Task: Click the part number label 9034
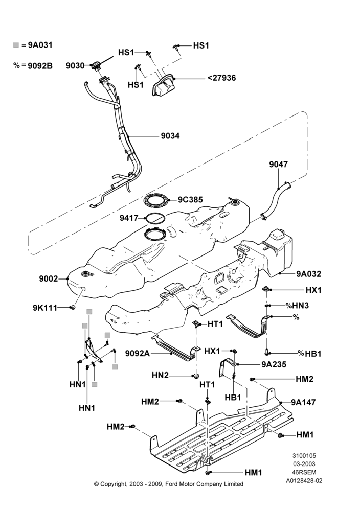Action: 170,136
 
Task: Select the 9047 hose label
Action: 279,164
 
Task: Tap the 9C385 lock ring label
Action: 190,199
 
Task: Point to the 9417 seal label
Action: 129,218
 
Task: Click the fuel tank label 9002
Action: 48,278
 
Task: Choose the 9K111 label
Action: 45,307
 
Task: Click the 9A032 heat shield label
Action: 308,274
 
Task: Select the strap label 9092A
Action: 138,353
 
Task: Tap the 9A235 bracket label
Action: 274,364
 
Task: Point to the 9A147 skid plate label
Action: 303,402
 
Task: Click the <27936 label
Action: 221,78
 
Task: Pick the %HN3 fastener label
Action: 297,306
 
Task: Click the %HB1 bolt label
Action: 309,353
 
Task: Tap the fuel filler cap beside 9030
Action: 96,66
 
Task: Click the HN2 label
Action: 160,376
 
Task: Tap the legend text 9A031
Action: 40,45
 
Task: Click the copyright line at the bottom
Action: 169,484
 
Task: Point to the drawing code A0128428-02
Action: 304,480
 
